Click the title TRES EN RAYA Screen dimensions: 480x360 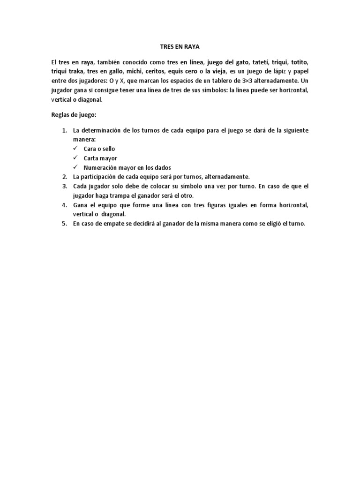click(180, 47)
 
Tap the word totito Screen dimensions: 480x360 click(299, 62)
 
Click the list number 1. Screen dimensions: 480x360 click(65, 130)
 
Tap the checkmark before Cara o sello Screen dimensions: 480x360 click(75, 149)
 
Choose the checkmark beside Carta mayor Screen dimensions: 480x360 click(75, 158)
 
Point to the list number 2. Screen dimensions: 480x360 click(65, 177)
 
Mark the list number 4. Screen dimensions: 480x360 click(65, 205)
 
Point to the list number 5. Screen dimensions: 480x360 click(65, 224)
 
